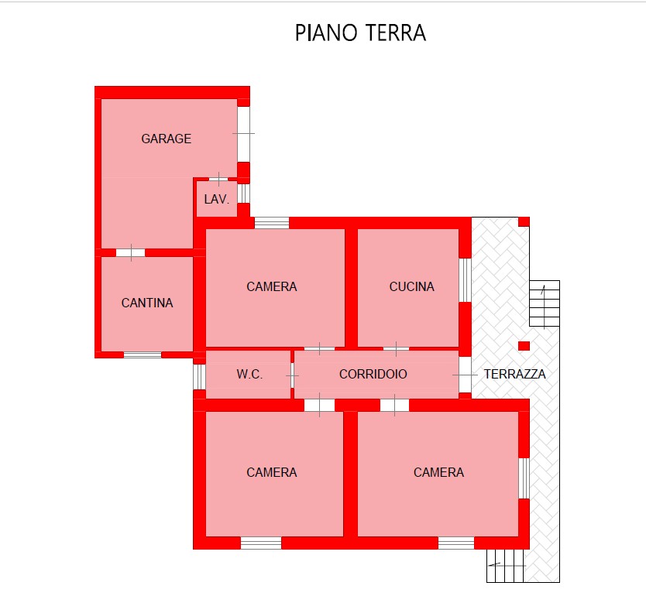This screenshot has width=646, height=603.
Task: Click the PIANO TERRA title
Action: [360, 33]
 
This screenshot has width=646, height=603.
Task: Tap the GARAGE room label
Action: [166, 139]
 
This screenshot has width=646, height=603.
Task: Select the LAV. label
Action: [216, 199]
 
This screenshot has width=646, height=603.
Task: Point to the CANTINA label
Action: [147, 303]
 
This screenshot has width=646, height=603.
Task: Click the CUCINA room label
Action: [411, 286]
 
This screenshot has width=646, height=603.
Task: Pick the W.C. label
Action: [249, 374]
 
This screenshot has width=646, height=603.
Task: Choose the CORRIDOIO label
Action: [373, 374]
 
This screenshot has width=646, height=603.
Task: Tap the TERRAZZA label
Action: [514, 374]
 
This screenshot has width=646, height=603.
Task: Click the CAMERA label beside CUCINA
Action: [272, 286]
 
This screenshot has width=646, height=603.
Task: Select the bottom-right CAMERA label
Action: [438, 472]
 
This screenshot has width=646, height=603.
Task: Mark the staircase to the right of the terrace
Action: [545, 303]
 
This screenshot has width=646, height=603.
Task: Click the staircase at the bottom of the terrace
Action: [505, 566]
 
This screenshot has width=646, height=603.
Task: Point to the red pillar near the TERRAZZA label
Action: [524, 346]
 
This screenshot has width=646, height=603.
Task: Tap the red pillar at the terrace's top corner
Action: [524, 221]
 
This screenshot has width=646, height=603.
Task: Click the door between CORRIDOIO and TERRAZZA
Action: [466, 375]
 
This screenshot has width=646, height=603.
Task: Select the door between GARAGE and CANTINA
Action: [131, 252]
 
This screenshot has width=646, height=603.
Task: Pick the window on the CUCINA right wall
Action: [466, 280]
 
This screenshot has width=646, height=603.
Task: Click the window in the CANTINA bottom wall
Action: [143, 355]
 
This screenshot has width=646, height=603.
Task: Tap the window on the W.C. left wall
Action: [199, 377]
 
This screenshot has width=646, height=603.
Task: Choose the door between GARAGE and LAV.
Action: [218, 179]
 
